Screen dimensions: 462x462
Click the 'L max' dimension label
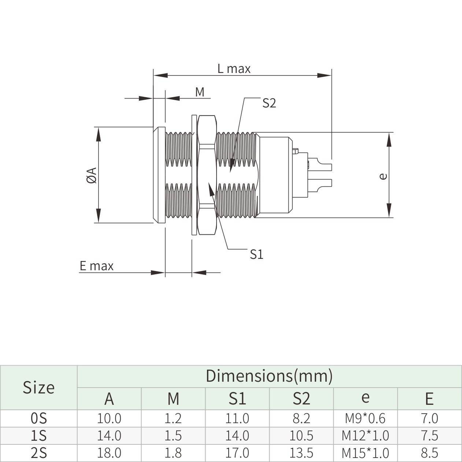point(234,69)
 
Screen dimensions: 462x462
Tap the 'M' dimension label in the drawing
point(200,92)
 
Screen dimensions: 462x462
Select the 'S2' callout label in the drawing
point(269,103)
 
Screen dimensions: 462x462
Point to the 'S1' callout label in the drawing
point(256,254)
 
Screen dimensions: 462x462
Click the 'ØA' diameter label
point(92,175)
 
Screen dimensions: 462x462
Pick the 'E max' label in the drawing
point(97,266)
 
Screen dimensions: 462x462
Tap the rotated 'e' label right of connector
point(382,176)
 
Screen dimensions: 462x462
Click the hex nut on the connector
point(207,175)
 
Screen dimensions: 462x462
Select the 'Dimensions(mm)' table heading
point(269,376)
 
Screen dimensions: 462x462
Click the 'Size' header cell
point(38,387)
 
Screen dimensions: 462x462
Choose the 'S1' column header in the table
point(237,399)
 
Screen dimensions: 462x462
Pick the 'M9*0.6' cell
point(365,418)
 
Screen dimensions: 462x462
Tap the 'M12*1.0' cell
point(365,436)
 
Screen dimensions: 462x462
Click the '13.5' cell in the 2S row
point(301,453)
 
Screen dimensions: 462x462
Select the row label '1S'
point(38,436)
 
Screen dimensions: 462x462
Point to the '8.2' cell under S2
point(301,418)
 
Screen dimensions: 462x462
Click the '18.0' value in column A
point(109,453)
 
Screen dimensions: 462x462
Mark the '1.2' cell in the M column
point(173,418)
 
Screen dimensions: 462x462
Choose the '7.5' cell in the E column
point(429,436)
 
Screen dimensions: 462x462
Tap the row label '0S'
point(38,418)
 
